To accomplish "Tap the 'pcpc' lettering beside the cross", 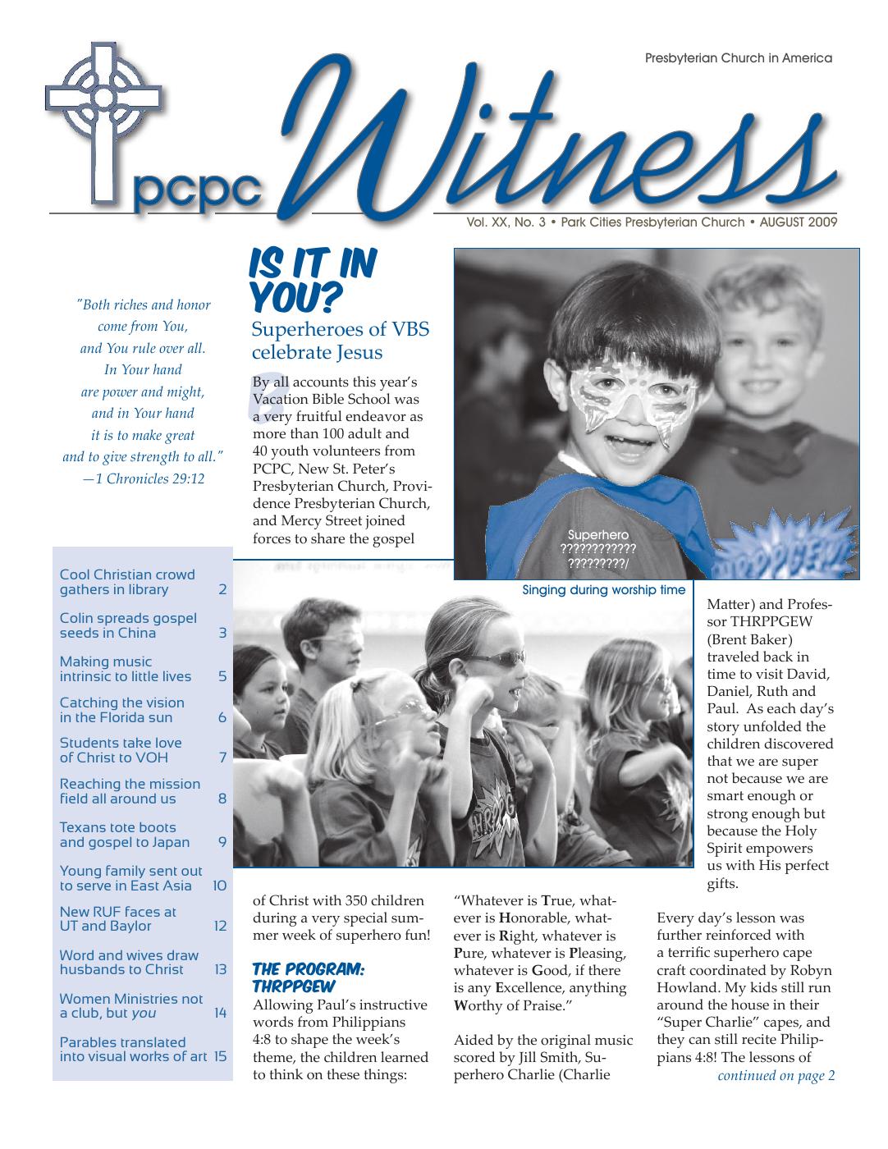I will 195,191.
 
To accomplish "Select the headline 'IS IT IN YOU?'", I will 312,281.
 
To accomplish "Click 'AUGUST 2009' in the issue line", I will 798,222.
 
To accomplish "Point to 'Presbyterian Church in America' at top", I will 739,58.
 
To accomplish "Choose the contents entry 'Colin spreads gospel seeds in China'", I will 128,625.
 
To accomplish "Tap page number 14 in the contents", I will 220,1013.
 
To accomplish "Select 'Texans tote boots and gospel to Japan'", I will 124,835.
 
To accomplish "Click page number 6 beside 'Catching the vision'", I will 222,717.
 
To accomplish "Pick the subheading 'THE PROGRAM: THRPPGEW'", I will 308,977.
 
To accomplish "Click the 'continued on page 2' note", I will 776,1076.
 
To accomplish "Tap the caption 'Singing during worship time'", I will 603,590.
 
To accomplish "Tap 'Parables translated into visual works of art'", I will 132,1049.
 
